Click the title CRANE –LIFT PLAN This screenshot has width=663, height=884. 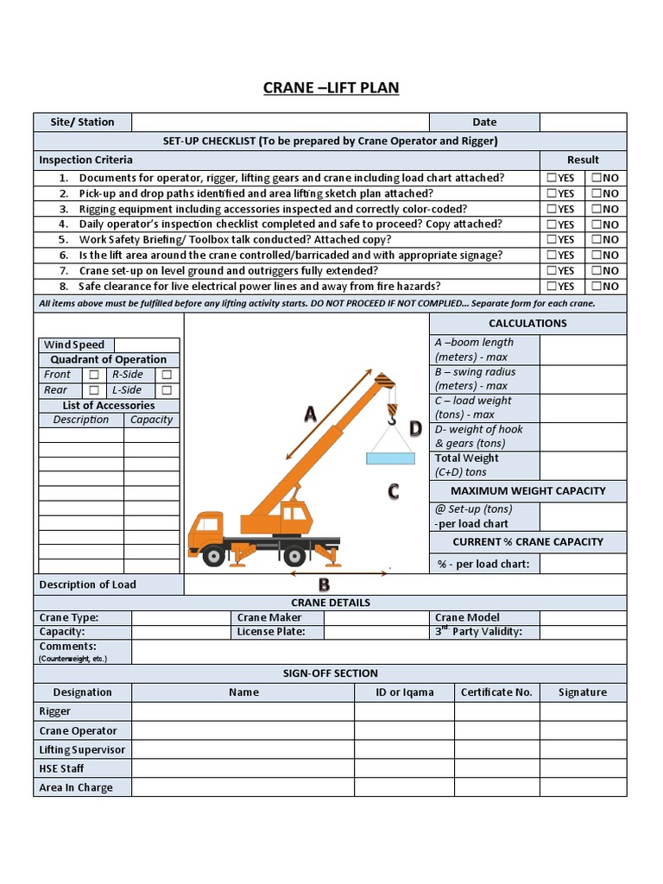tap(331, 87)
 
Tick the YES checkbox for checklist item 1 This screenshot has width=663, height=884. tap(552, 178)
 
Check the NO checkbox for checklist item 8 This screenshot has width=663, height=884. tap(597, 287)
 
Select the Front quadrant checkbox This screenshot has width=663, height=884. tap(93, 375)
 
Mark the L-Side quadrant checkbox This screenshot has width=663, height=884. tap(166, 390)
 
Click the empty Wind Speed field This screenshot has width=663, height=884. tap(147, 345)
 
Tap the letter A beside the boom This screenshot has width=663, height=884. tap(310, 414)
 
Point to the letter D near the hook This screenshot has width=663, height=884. tap(415, 429)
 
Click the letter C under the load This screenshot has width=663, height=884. tap(393, 492)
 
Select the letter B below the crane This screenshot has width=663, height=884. tap(325, 584)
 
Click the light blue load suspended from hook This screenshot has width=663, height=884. tap(390, 458)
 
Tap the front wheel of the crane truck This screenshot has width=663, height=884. tap(212, 555)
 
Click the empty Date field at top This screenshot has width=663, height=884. tap(583, 122)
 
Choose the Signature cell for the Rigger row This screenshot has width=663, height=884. tap(583, 711)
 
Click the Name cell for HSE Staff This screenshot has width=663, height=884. tap(243, 768)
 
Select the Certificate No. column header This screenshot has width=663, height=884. tap(496, 692)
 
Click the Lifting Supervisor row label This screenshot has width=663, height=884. tap(82, 749)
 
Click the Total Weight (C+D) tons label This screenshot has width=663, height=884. tap(466, 465)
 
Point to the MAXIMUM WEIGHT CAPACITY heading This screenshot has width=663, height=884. tap(527, 490)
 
